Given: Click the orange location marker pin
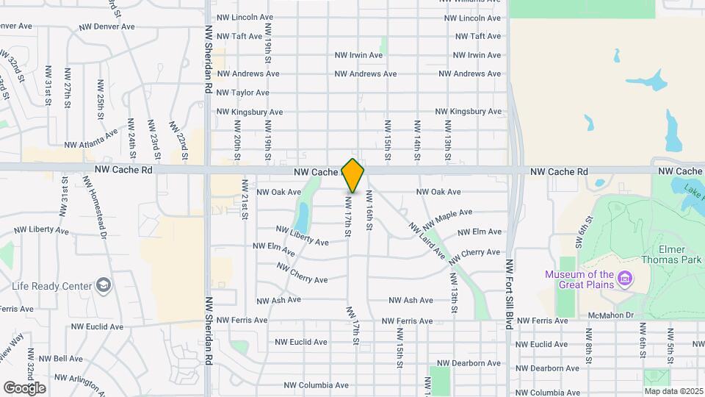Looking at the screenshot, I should click(353, 175).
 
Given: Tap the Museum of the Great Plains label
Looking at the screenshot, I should click(579, 280).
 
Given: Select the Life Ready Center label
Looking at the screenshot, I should click(51, 285).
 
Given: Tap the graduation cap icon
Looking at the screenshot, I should click(104, 285).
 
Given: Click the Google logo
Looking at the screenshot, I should click(24, 387).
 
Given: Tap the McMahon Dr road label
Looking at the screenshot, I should click(610, 315).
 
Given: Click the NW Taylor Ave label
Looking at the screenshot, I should click(242, 93).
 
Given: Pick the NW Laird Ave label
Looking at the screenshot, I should click(427, 240).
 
